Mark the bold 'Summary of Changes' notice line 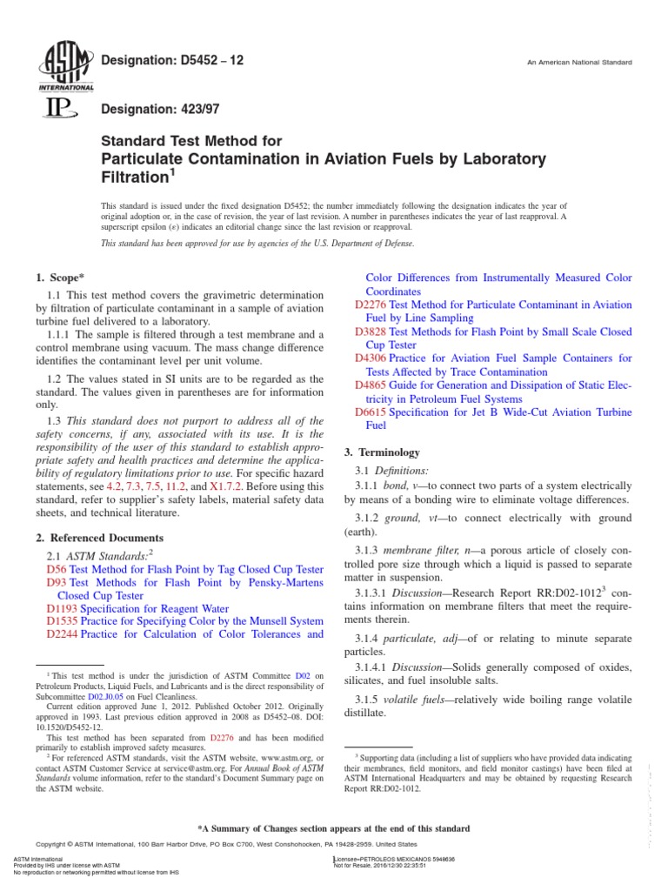click(334, 828)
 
